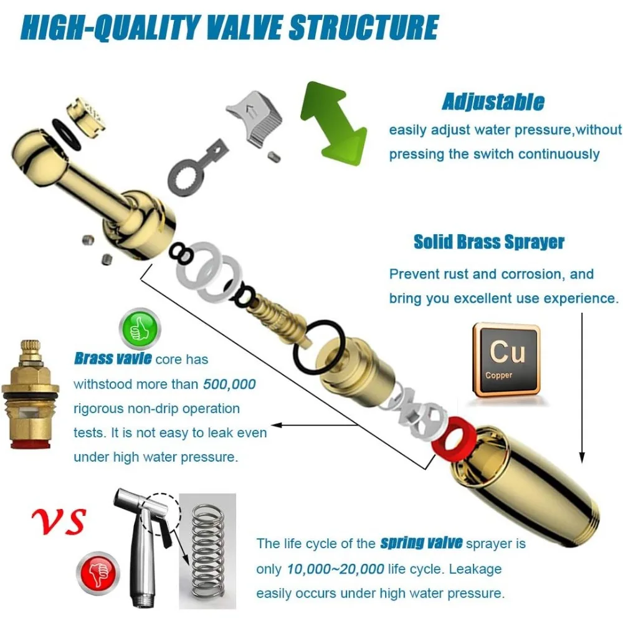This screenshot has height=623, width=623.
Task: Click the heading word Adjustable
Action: [493, 102]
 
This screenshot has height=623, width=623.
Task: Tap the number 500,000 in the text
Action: [229, 384]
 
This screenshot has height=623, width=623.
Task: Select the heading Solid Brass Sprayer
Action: [489, 242]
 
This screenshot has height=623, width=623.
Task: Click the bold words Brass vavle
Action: [113, 358]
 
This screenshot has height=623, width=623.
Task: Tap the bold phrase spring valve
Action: [421, 543]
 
